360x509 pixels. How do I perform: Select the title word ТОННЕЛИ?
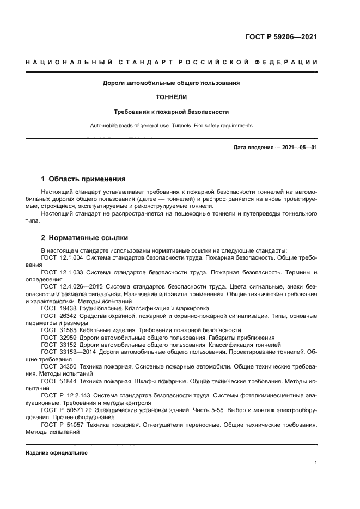pyautogui.click(x=172, y=97)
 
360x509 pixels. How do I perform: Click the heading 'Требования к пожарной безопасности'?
pyautogui.click(x=172, y=112)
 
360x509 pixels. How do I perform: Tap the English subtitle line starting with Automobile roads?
pyautogui.click(x=172, y=126)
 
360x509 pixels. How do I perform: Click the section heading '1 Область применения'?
pyautogui.click(x=84, y=179)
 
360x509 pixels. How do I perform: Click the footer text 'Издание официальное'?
pyautogui.click(x=57, y=453)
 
